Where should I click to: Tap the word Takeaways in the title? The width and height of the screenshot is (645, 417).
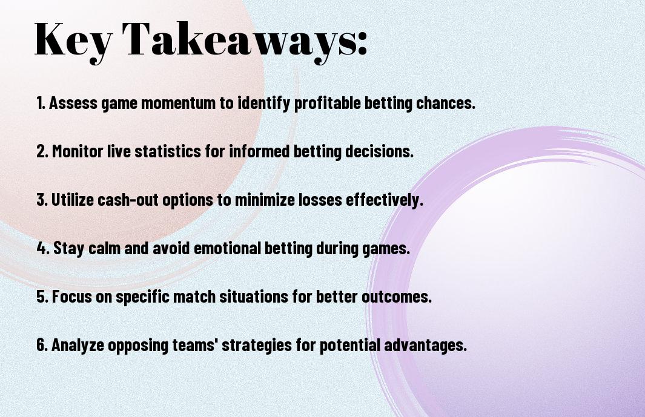239,41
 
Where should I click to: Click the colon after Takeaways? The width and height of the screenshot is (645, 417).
362,45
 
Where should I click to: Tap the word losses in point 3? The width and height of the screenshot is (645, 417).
320,200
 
